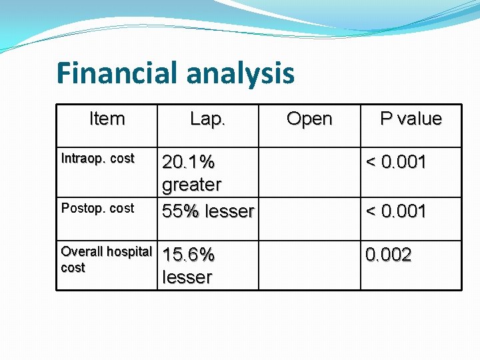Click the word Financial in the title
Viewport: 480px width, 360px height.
[x=117, y=73]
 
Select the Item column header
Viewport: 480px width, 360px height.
[x=107, y=119]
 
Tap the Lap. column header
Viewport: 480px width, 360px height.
[x=208, y=119]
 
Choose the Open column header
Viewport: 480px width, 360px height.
[x=309, y=119]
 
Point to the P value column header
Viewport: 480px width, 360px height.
[x=411, y=119]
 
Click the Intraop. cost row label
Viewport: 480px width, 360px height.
[x=97, y=159]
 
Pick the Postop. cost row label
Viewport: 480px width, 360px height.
[x=97, y=209]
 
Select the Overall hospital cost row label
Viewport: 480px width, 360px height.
[x=106, y=259]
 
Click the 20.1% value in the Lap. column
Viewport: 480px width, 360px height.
[x=189, y=162]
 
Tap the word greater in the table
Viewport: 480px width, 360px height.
[x=192, y=184]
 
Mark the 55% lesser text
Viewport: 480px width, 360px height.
[x=208, y=211]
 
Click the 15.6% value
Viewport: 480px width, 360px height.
[x=189, y=255]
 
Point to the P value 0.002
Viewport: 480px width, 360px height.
[x=388, y=255]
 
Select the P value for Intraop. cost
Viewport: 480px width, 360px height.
[x=396, y=162]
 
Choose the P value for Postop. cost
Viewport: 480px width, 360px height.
[x=396, y=211]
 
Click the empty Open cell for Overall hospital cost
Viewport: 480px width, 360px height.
[x=309, y=265]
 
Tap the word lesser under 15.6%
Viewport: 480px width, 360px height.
[x=187, y=277]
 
